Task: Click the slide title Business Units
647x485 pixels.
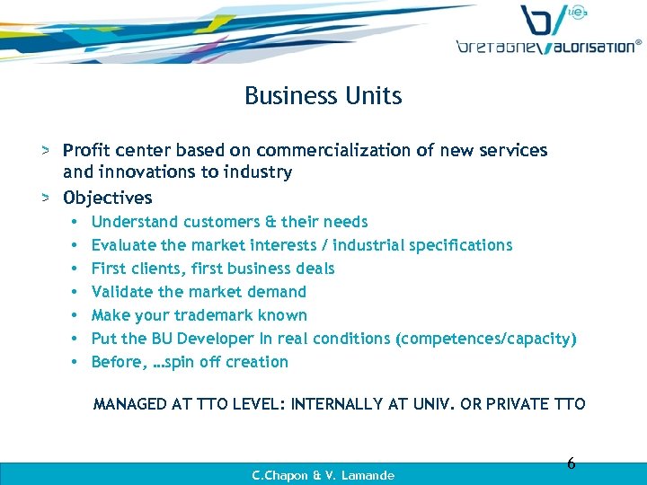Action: pyautogui.click(x=323, y=96)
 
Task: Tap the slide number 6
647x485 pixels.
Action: pyautogui.click(x=571, y=463)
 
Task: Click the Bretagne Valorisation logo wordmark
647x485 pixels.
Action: pyautogui.click(x=548, y=46)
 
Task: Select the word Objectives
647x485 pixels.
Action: pyautogui.click(x=108, y=198)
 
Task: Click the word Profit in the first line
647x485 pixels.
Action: pyautogui.click(x=86, y=151)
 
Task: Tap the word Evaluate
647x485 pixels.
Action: pyautogui.click(x=122, y=245)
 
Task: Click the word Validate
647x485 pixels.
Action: pyautogui.click(x=122, y=292)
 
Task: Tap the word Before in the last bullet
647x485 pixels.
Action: pyautogui.click(x=116, y=362)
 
